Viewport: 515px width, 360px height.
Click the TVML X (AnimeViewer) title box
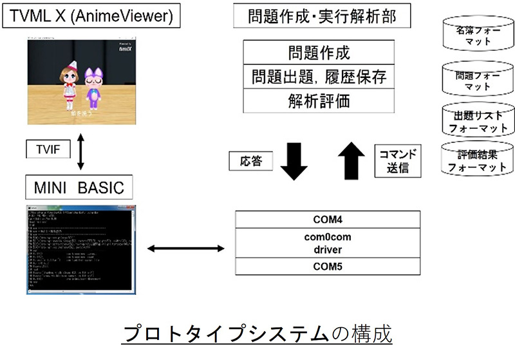click(x=90, y=17)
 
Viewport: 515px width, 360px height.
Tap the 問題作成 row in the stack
click(x=319, y=52)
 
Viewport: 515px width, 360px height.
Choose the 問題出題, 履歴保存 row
click(x=319, y=77)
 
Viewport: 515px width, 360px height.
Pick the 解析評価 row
click(x=319, y=100)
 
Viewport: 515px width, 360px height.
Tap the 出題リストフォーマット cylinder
click(x=477, y=121)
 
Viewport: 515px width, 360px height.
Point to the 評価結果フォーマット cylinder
click(x=477, y=162)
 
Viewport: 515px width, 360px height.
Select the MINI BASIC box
click(x=79, y=188)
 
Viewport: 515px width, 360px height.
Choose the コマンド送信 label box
click(x=396, y=161)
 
